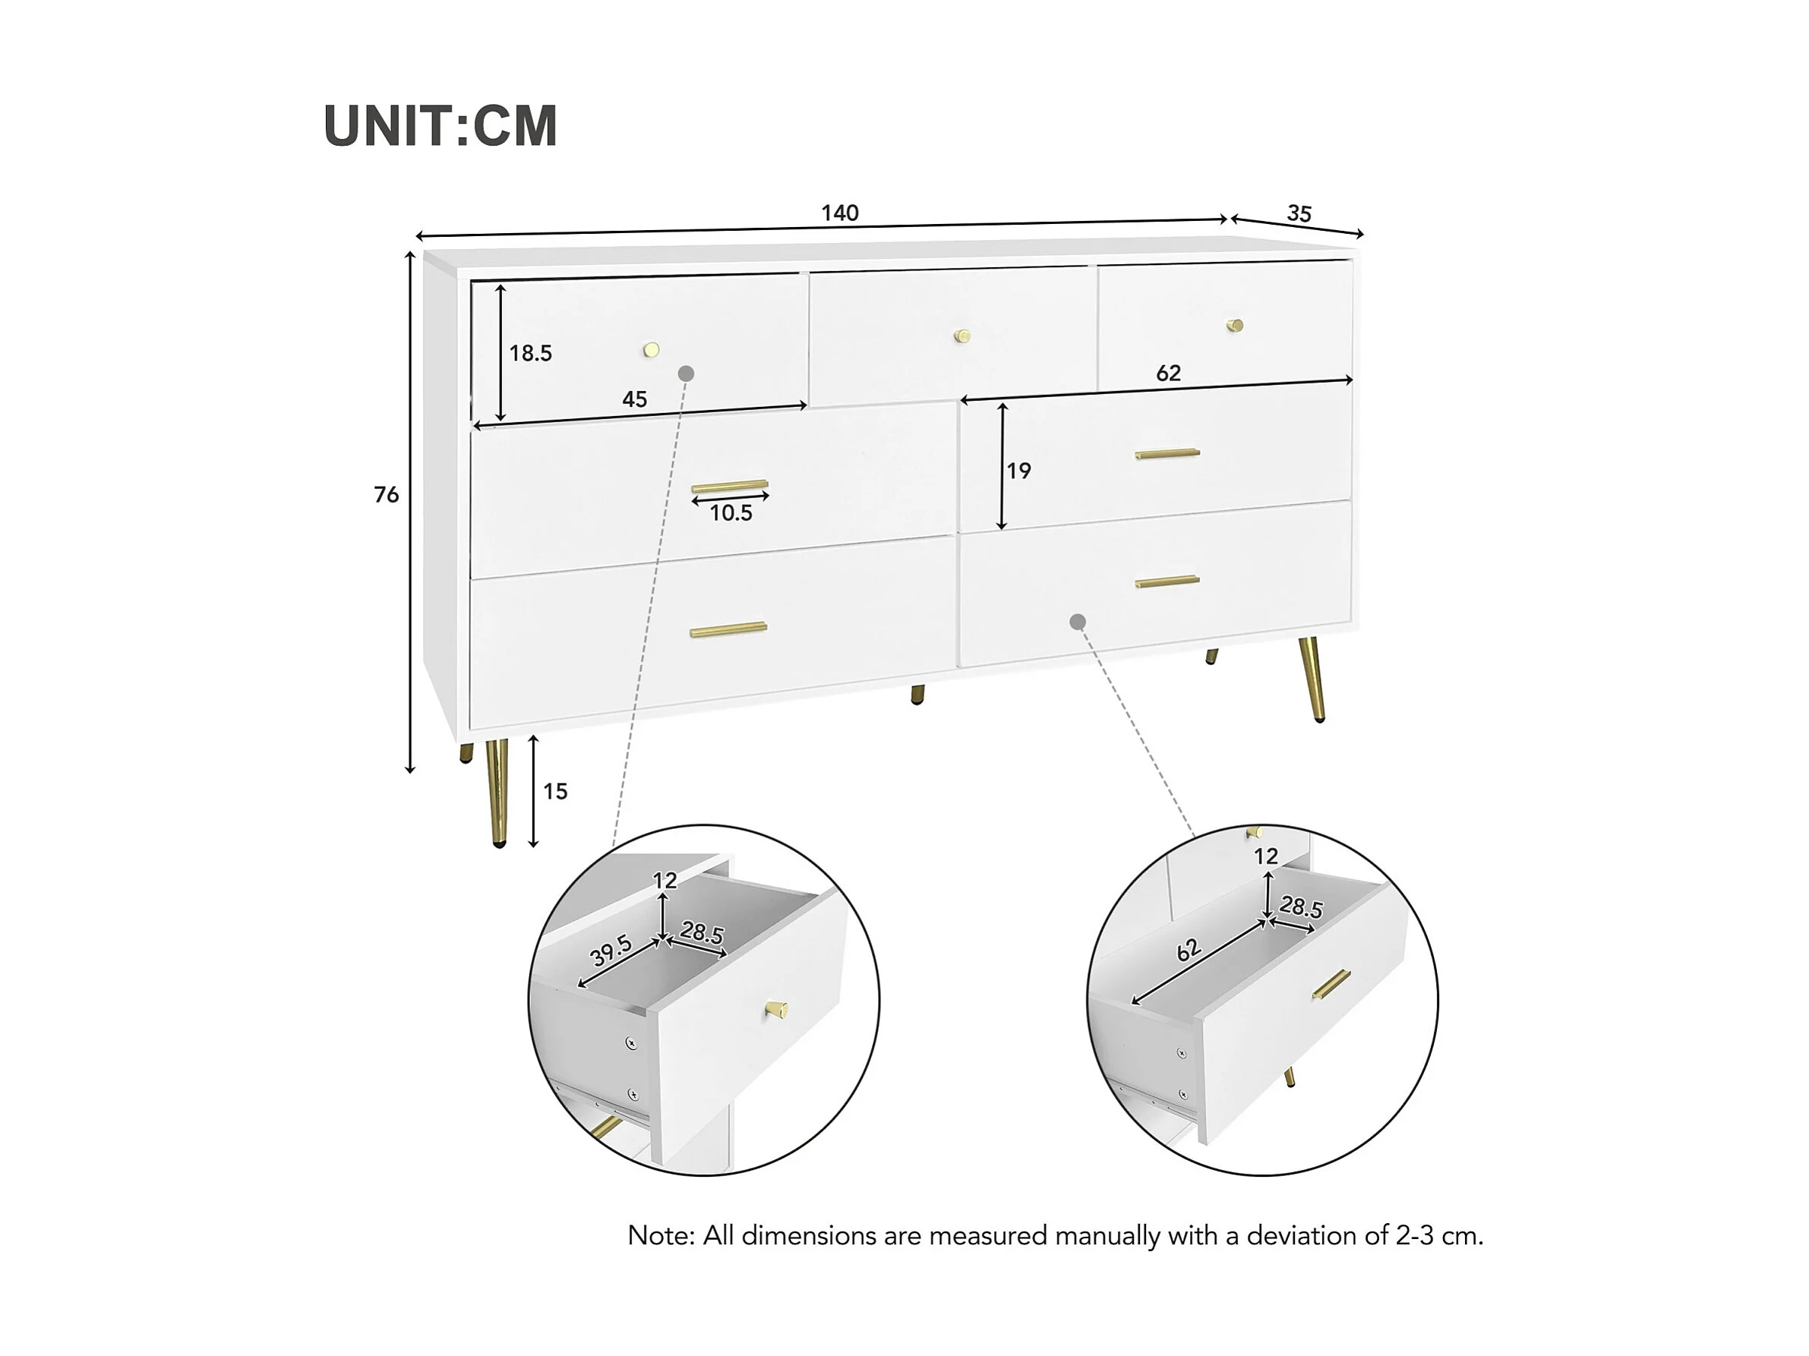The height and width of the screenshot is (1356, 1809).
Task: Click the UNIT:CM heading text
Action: (440, 126)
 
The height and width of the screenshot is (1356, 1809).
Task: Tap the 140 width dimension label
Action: (840, 213)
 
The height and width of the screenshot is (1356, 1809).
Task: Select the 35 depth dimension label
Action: (1299, 213)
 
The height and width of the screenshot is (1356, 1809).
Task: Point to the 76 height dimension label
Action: (386, 494)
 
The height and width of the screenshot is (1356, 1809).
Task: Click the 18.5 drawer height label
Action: (531, 353)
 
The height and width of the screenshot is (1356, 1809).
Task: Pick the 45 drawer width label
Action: (635, 399)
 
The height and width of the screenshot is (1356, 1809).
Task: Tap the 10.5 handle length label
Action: (731, 513)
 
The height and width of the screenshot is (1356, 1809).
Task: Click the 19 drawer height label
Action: (1019, 471)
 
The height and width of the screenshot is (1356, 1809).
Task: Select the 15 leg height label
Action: (555, 791)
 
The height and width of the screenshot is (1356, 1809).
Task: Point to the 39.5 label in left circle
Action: (611, 951)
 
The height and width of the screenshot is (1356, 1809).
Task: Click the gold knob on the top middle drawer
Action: (962, 335)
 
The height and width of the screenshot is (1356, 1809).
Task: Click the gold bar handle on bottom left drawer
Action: (728, 629)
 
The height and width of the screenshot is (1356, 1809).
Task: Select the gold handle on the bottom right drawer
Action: (1167, 582)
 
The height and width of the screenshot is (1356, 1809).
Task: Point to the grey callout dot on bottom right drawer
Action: (1078, 622)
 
